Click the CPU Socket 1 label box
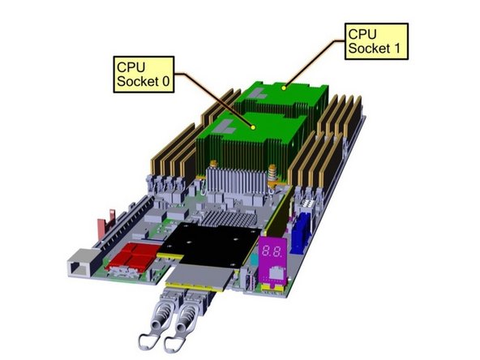point(375,41)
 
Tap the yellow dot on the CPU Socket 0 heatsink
point(254,126)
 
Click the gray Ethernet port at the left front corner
point(78,264)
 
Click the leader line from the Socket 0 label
point(215,100)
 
